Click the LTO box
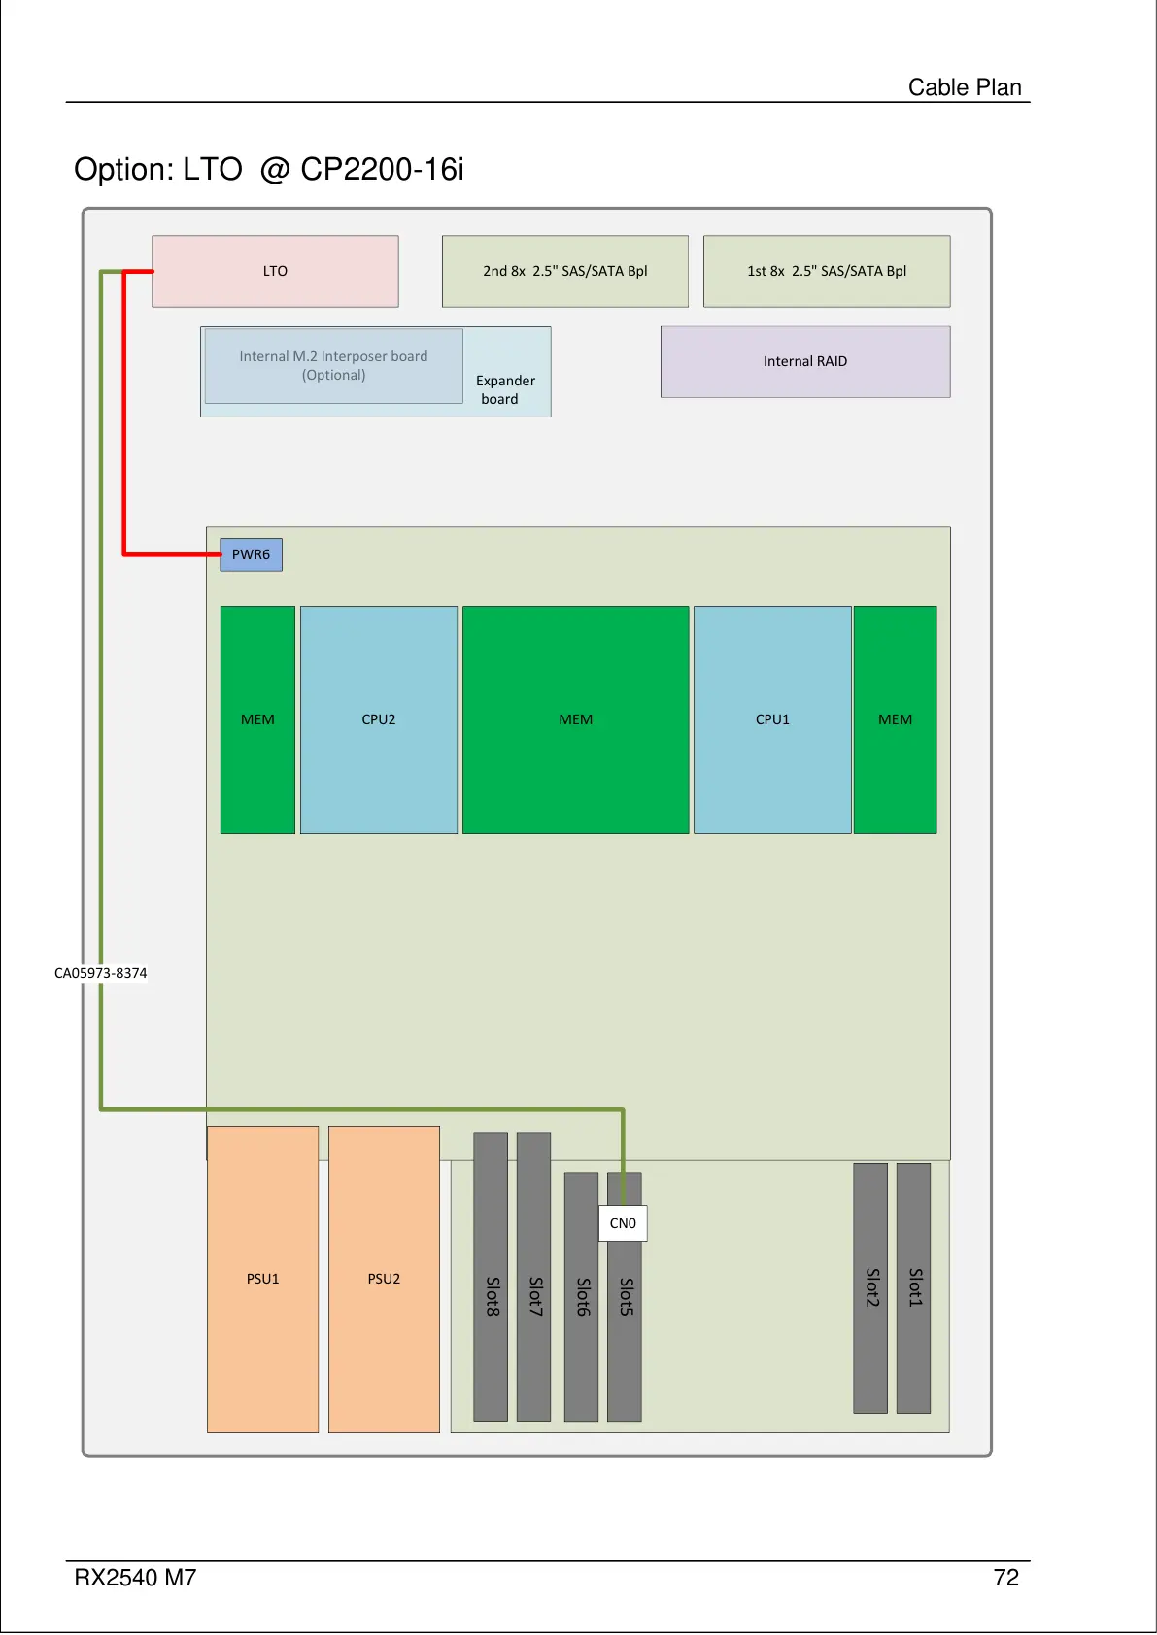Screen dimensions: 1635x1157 (x=275, y=271)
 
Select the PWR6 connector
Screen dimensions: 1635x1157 (x=251, y=554)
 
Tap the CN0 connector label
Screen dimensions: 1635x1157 (x=623, y=1223)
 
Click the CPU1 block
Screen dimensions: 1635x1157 (x=772, y=719)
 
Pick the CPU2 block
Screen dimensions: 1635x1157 (x=378, y=719)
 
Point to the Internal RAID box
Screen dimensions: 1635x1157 (x=805, y=361)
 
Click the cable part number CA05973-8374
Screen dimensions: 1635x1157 (x=101, y=973)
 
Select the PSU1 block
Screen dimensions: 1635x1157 (x=262, y=1279)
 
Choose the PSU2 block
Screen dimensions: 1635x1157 (x=384, y=1279)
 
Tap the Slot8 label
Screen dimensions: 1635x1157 (x=493, y=1296)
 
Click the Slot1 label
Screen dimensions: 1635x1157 (x=914, y=1286)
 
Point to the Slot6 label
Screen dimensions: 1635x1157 (x=583, y=1296)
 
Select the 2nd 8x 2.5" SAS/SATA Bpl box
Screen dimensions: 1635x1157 (x=564, y=271)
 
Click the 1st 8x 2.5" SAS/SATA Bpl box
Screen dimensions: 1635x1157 (x=827, y=271)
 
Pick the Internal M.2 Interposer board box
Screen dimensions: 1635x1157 (x=333, y=366)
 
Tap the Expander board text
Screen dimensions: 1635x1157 (x=505, y=389)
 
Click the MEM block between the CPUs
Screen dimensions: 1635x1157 (x=575, y=719)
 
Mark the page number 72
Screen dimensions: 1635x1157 (x=1006, y=1578)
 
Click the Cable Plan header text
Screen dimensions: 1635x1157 (x=965, y=87)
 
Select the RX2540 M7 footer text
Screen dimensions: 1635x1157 (x=135, y=1578)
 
